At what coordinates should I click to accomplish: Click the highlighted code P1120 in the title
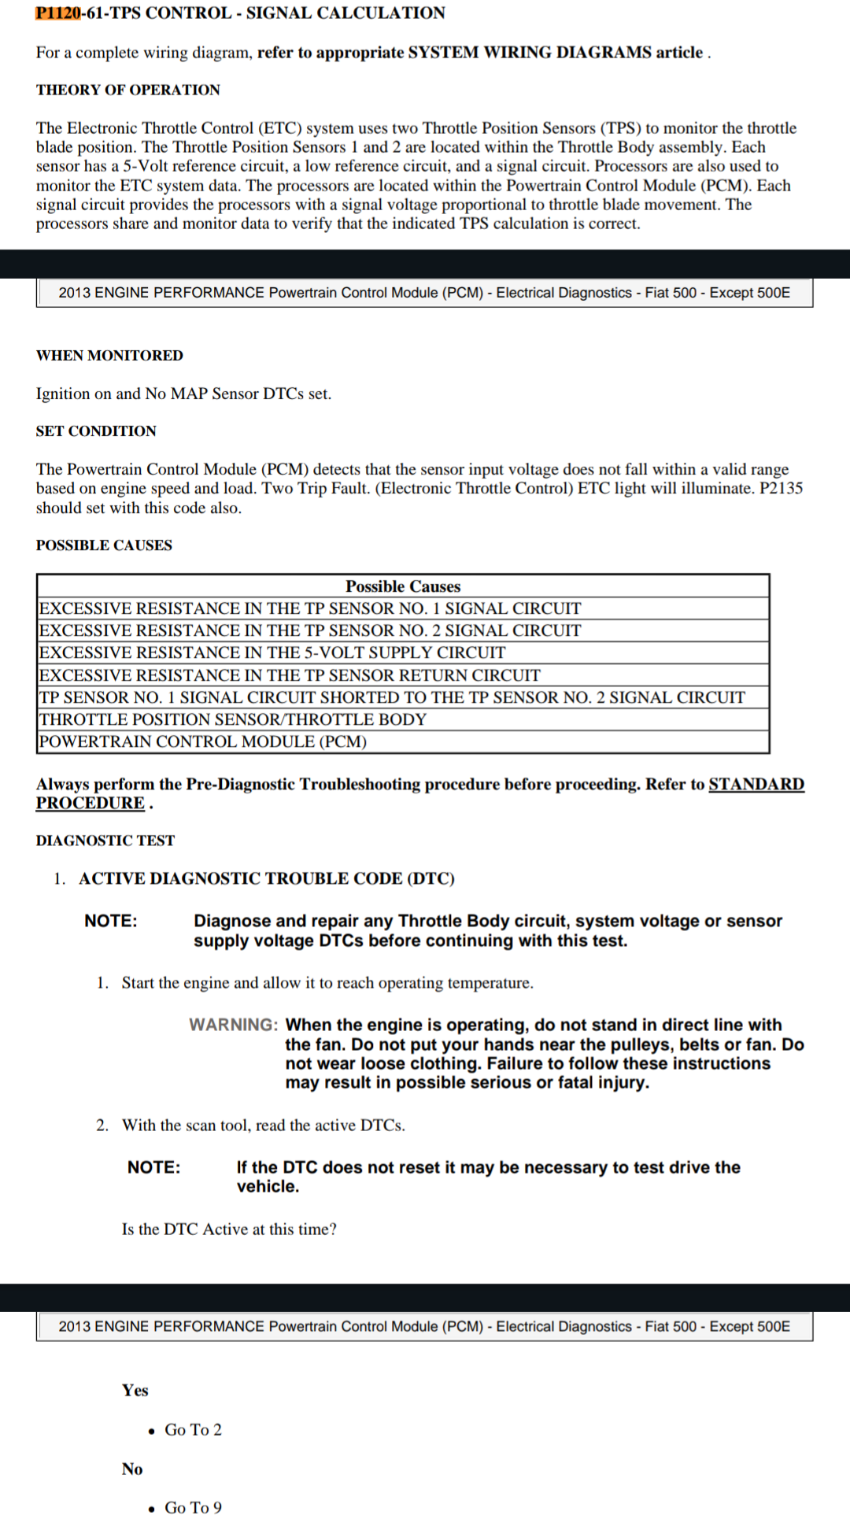point(58,13)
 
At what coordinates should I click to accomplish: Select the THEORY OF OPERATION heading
point(128,90)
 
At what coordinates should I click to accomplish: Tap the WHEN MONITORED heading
point(109,355)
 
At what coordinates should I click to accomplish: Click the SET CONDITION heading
point(96,431)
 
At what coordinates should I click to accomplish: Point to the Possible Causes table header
point(403,586)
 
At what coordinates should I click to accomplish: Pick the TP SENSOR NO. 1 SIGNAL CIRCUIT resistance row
point(310,608)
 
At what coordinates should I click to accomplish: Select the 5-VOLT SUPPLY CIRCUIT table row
point(272,652)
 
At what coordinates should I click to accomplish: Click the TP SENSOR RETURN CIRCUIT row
point(290,675)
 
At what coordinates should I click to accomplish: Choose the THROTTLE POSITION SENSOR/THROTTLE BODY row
point(233,719)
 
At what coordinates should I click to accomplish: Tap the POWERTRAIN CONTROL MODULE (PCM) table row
point(203,741)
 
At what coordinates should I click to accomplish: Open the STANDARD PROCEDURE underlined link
point(756,784)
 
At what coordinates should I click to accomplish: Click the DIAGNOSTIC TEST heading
point(105,841)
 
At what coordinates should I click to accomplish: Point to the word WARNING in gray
point(233,1025)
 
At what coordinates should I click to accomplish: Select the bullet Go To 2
point(193,1429)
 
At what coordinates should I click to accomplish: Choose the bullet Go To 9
point(193,1507)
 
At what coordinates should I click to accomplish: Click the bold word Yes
point(135,1390)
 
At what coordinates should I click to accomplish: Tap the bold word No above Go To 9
point(132,1469)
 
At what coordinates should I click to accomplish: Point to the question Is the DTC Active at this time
point(229,1229)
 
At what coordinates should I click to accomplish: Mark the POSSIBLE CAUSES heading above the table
point(104,545)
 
